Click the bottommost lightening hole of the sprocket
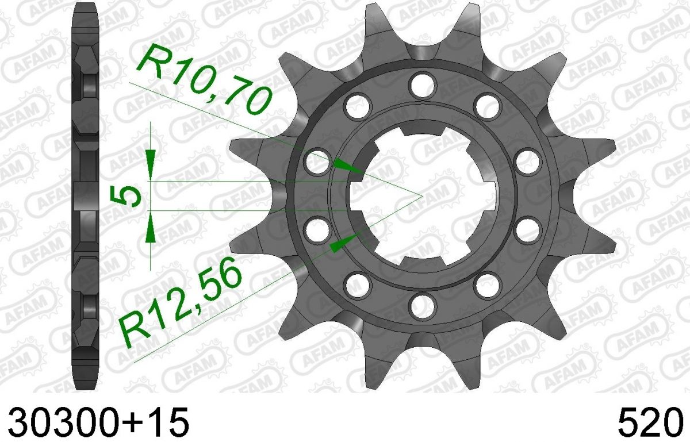pos(424,307)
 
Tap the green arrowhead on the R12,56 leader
pos(344,243)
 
